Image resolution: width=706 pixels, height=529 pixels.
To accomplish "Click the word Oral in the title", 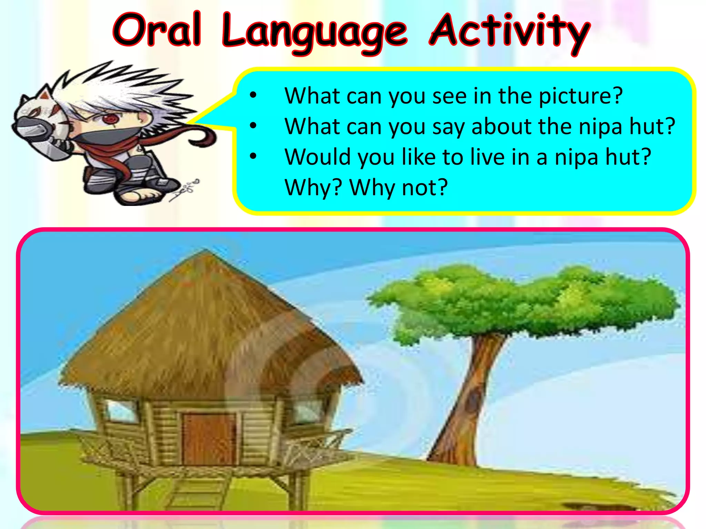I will (157, 30).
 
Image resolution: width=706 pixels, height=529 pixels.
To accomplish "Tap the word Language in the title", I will (314, 33).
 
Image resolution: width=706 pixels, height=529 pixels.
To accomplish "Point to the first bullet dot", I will (253, 95).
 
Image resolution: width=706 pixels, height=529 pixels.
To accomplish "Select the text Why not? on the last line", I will (399, 188).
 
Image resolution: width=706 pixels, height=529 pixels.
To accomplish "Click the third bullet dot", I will (253, 156).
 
